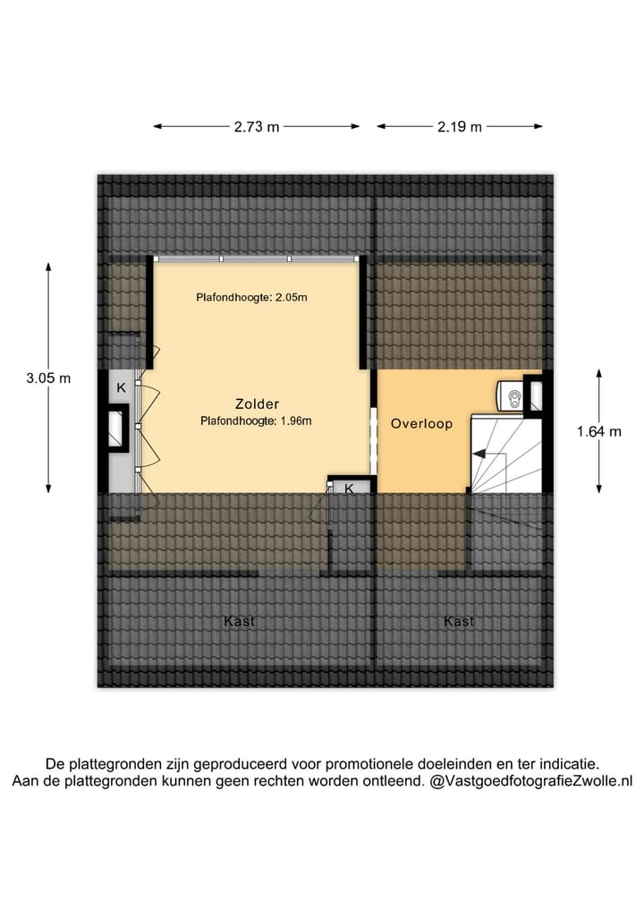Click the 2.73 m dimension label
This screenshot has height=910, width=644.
coord(257,127)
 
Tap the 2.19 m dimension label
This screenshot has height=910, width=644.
coord(460,127)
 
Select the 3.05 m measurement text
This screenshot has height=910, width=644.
coord(48,378)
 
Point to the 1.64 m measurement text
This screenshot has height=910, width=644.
coord(598,431)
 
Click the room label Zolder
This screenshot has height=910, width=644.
coord(257,404)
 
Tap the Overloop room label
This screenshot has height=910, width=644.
coord(421,424)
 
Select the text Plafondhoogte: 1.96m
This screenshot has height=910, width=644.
coord(257,420)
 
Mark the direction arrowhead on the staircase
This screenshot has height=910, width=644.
coord(480,455)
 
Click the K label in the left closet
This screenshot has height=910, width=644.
coord(121,388)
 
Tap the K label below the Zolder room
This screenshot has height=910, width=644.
coord(349,489)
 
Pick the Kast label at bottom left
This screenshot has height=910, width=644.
coord(240,621)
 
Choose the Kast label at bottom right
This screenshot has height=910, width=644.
coord(459,621)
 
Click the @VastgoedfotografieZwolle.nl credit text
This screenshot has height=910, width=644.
coord(531,781)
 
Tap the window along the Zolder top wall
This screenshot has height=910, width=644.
coord(257,259)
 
